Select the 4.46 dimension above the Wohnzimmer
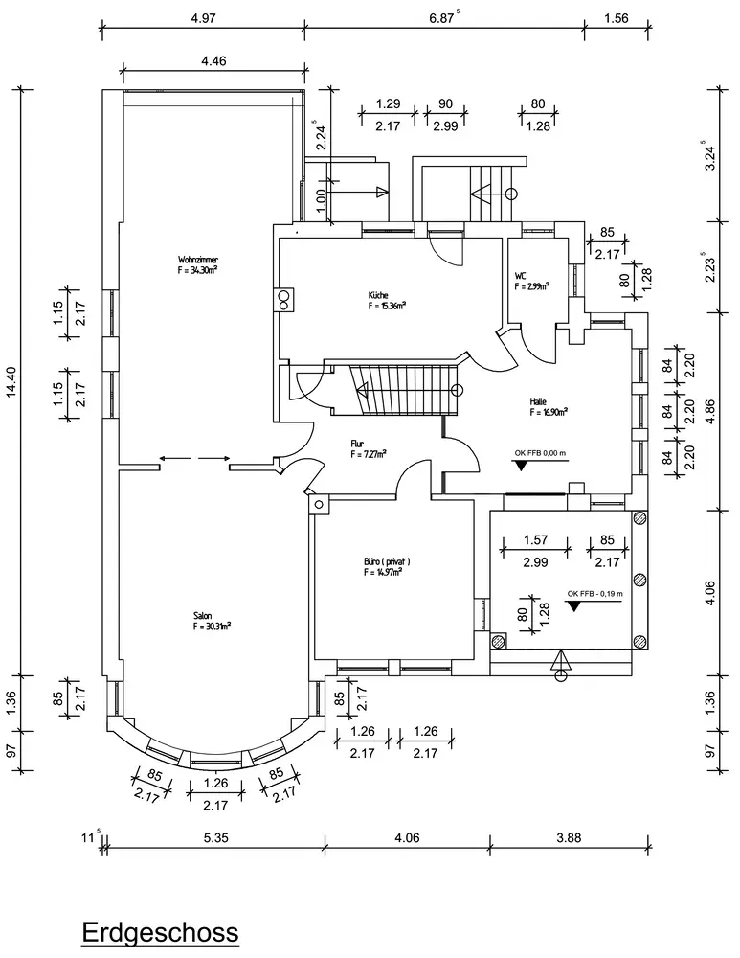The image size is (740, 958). (x=213, y=62)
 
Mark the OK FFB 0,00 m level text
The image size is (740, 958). (x=541, y=453)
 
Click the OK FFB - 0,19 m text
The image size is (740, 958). (x=594, y=593)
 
